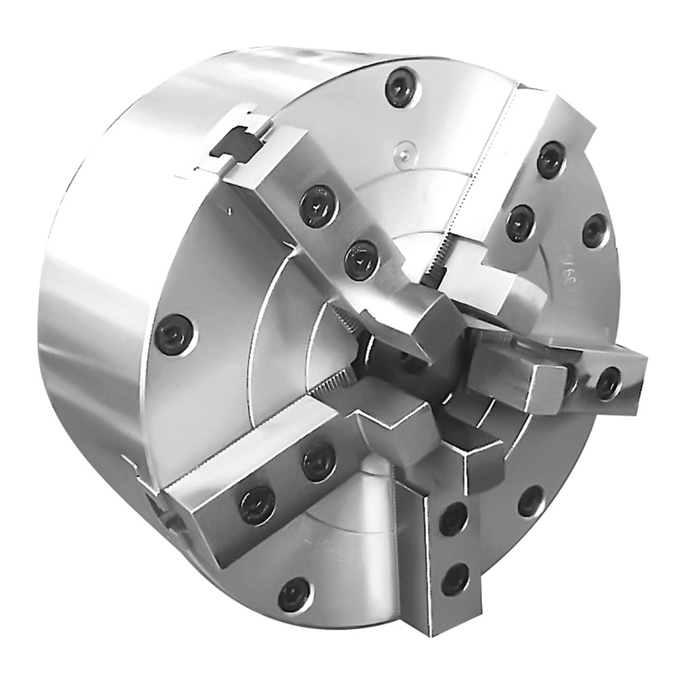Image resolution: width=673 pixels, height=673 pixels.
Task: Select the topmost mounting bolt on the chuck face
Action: click(x=400, y=87)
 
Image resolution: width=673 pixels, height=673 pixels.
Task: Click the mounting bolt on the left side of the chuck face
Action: click(x=174, y=334)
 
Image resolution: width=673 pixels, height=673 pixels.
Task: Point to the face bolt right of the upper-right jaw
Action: click(x=595, y=231)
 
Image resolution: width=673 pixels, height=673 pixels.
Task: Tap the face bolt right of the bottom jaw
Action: click(x=530, y=501)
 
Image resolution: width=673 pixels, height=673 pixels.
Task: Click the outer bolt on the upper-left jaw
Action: click(x=319, y=205)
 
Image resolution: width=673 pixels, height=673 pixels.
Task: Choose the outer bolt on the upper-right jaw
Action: click(x=551, y=160)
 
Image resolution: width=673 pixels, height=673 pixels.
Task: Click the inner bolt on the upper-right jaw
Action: click(x=520, y=223)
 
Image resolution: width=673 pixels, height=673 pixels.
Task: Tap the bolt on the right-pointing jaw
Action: click(x=608, y=384)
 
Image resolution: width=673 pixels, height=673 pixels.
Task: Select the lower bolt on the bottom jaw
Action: click(x=455, y=579)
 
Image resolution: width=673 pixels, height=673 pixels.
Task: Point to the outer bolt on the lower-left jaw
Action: click(x=257, y=505)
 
